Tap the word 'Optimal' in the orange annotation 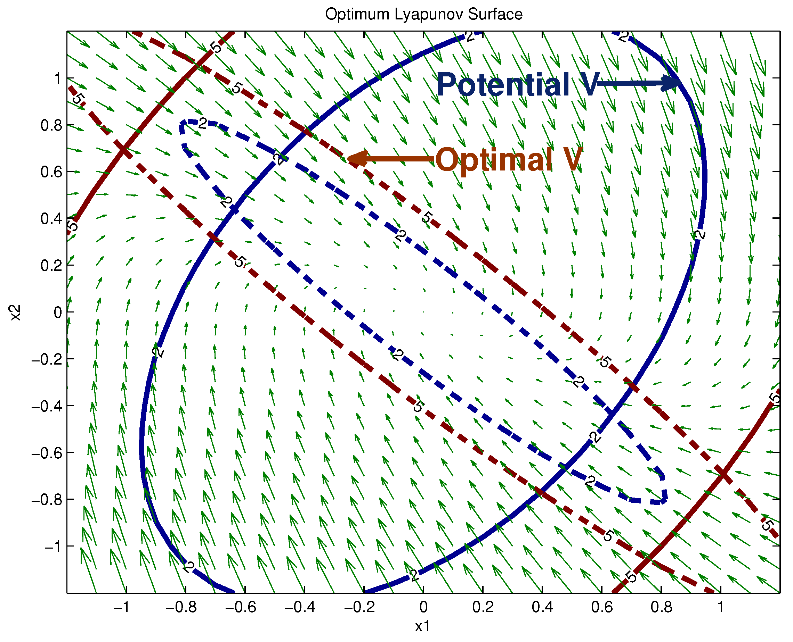click(494, 160)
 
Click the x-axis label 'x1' click(422, 626)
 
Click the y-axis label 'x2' click(16, 312)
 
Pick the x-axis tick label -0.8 click(181, 607)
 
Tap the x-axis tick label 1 click(720, 607)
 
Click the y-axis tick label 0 click(58, 313)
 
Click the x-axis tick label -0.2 click(359, 607)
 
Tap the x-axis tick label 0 click(423, 607)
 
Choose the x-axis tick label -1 click(122, 607)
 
